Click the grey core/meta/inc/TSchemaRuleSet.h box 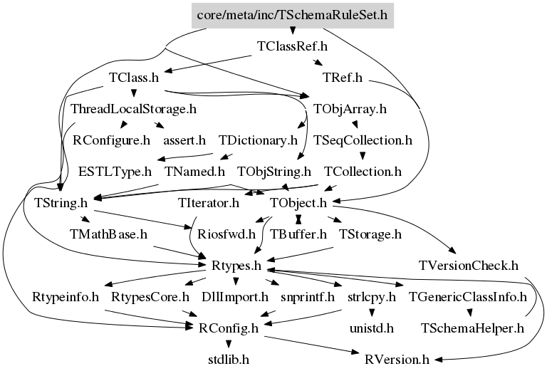click(x=293, y=16)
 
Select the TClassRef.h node click(x=292, y=46)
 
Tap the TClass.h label click(x=134, y=78)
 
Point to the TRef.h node click(x=343, y=78)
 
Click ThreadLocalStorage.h click(x=134, y=109)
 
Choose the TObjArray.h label click(x=350, y=109)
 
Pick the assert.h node click(x=184, y=140)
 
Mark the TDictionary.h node click(x=258, y=140)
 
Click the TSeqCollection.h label click(x=363, y=140)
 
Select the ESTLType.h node click(x=115, y=172)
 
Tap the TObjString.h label click(x=274, y=172)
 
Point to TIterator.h click(x=209, y=203)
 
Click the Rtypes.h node click(x=236, y=266)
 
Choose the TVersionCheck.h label click(x=469, y=266)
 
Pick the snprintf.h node click(x=308, y=297)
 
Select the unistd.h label click(x=372, y=328)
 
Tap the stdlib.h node click(x=229, y=360)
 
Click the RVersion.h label click(x=397, y=360)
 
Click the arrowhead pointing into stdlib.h click(x=229, y=344)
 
